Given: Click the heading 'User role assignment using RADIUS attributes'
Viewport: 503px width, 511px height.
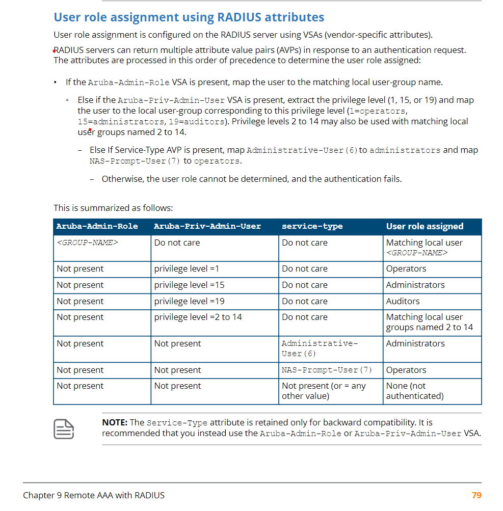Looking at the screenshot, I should point(189,17).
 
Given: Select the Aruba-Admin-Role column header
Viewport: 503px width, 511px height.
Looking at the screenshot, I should point(97,226).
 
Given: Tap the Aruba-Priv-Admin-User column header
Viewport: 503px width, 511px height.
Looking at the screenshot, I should point(207,226).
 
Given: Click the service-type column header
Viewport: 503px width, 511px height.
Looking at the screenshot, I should point(312,226).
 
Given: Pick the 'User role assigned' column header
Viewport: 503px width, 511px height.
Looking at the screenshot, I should point(425,226).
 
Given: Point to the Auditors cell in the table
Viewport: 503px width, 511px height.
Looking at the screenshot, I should point(403,301).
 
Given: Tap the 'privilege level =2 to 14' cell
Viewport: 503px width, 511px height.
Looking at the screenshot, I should point(198,317).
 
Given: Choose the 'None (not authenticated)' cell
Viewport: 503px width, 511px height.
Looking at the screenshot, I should point(414,391).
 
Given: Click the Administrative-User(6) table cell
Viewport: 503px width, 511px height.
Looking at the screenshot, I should point(320,348).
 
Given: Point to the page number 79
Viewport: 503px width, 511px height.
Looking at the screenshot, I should point(476,495).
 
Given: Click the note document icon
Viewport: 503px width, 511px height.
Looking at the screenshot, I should point(64,429).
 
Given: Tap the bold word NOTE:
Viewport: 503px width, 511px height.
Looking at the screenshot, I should point(115,422).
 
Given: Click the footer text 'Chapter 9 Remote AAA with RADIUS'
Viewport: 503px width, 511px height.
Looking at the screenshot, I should point(94,495).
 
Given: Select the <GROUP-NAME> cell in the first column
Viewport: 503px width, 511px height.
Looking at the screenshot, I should point(87,243).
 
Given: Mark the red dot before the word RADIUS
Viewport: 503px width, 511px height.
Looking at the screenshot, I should point(54,50).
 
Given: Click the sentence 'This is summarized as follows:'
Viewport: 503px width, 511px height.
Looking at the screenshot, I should point(113,208).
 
